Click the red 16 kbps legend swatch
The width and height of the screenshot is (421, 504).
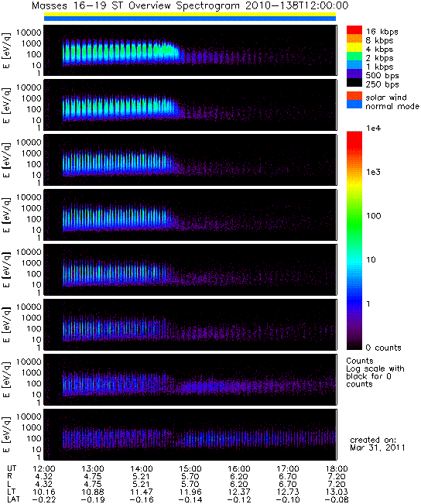pyautogui.click(x=354, y=30)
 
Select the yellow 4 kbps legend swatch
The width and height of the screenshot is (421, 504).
pyautogui.click(x=354, y=47)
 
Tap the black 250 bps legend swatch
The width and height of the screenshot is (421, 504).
pyautogui.click(x=354, y=83)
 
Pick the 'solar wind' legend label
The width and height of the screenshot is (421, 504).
pyautogui.click(x=386, y=98)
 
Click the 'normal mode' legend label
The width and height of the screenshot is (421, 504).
pyautogui.click(x=392, y=106)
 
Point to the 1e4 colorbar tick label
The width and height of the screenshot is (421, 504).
pyautogui.click(x=374, y=129)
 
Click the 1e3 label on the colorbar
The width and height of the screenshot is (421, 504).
pyautogui.click(x=374, y=172)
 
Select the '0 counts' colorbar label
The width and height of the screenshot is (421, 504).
pyautogui.click(x=383, y=348)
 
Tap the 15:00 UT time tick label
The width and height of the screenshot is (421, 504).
pyautogui.click(x=190, y=468)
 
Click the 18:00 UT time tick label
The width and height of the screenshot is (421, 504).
pyautogui.click(x=337, y=468)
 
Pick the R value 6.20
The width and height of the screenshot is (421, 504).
pyautogui.click(x=239, y=476)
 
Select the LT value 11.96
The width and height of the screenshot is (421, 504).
pyautogui.click(x=190, y=492)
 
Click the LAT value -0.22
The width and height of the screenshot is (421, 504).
pyautogui.click(x=43, y=499)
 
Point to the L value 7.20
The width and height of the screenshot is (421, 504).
pyautogui.click(x=337, y=484)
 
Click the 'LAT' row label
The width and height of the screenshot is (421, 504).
pyautogui.click(x=13, y=499)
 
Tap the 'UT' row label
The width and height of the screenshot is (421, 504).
pyautogui.click(x=12, y=468)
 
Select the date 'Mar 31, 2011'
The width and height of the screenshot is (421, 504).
pyautogui.click(x=378, y=447)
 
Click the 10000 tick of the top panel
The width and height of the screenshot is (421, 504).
pyautogui.click(x=29, y=33)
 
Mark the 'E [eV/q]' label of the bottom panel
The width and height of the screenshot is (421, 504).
pyautogui.click(x=7, y=434)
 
